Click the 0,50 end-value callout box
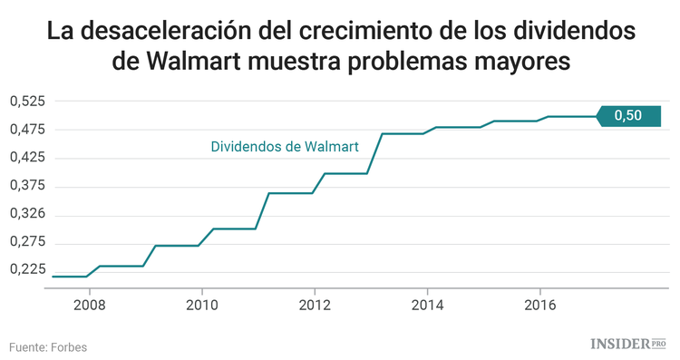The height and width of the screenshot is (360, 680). pos(628,115)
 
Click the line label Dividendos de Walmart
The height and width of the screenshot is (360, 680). pos(285,145)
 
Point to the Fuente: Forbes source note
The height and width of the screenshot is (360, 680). pos(48,346)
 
